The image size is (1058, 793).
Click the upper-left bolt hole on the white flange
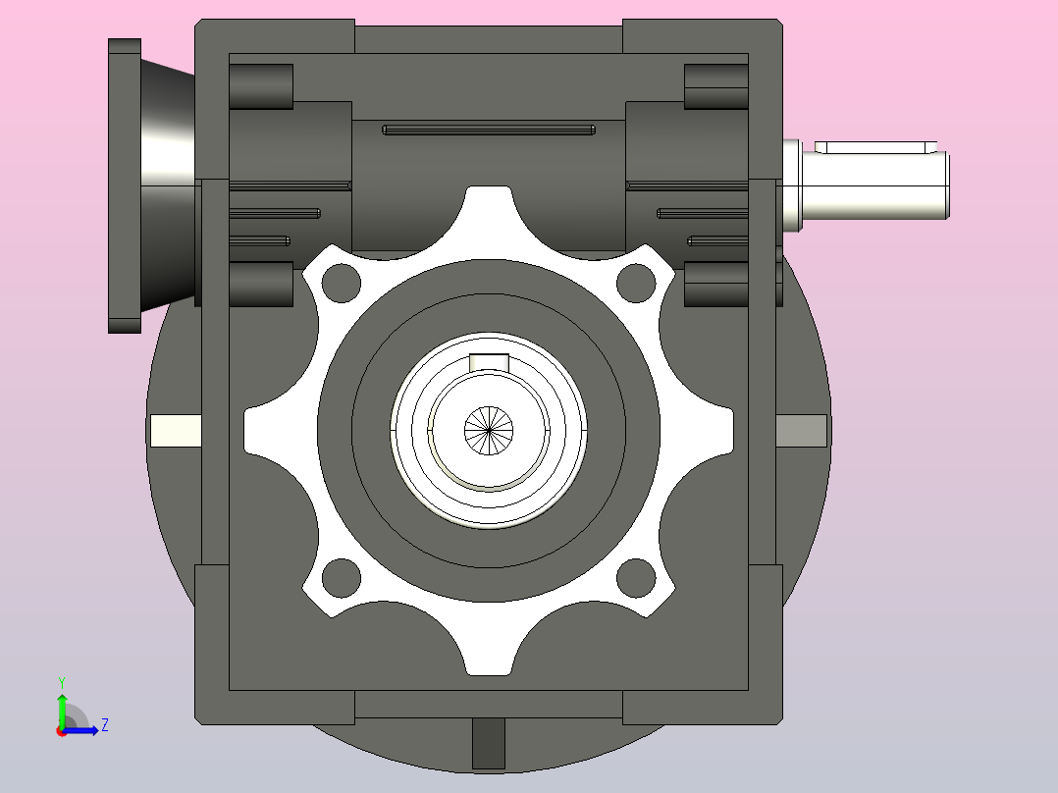coord(342,283)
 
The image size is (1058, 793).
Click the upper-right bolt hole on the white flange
coord(636,283)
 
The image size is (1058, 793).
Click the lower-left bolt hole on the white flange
coord(342,578)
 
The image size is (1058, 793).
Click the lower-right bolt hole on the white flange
coord(636,578)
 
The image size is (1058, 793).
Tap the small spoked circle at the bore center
coord(489,431)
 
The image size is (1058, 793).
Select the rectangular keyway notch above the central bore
coord(489,362)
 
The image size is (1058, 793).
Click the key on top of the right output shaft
coord(875,147)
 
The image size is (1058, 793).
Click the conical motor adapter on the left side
coord(168,185)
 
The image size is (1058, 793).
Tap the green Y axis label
coord(62,682)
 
